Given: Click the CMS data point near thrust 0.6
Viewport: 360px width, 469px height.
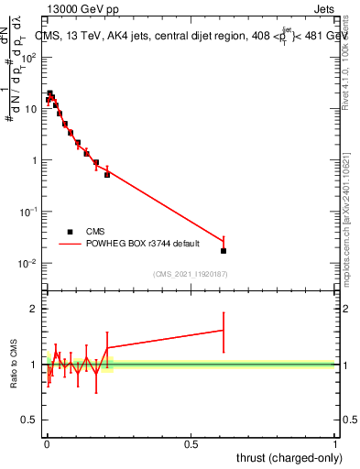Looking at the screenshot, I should pos(224,250).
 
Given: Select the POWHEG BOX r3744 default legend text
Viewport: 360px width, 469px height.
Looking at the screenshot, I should pos(138,245).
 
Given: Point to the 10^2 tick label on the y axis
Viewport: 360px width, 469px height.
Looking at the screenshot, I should pos(29,58).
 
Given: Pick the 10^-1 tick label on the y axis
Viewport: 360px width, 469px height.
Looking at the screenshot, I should pos(29,212).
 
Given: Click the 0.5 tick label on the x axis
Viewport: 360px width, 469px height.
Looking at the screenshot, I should pos(191,443).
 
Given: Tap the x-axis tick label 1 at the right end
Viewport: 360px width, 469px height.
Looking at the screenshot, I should pos(335,443).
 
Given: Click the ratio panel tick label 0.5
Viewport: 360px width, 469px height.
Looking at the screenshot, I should pos(30,420).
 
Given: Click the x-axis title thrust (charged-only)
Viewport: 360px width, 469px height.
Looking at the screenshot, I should pos(288,457).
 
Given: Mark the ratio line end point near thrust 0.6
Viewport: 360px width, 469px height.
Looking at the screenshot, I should pos(224,330).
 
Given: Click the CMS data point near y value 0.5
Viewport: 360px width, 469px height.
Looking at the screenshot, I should pos(107,174).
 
